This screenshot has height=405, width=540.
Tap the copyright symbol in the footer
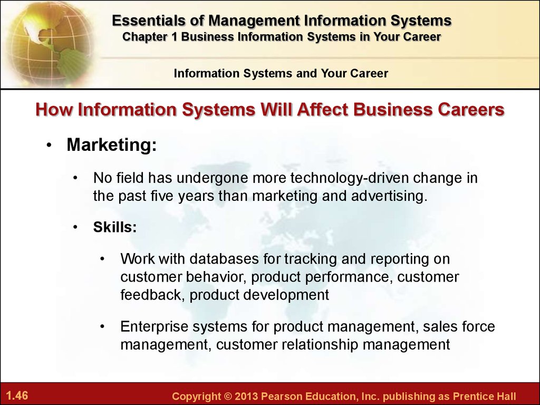point(227,396)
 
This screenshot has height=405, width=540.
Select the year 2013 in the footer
point(246,396)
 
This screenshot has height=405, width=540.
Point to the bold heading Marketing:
point(112,144)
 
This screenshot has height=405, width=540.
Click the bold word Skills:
point(115,227)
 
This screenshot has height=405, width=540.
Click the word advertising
point(389,196)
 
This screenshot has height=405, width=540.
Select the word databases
point(224,259)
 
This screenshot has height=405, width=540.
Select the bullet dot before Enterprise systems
point(102,326)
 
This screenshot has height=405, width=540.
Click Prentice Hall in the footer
point(484,396)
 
